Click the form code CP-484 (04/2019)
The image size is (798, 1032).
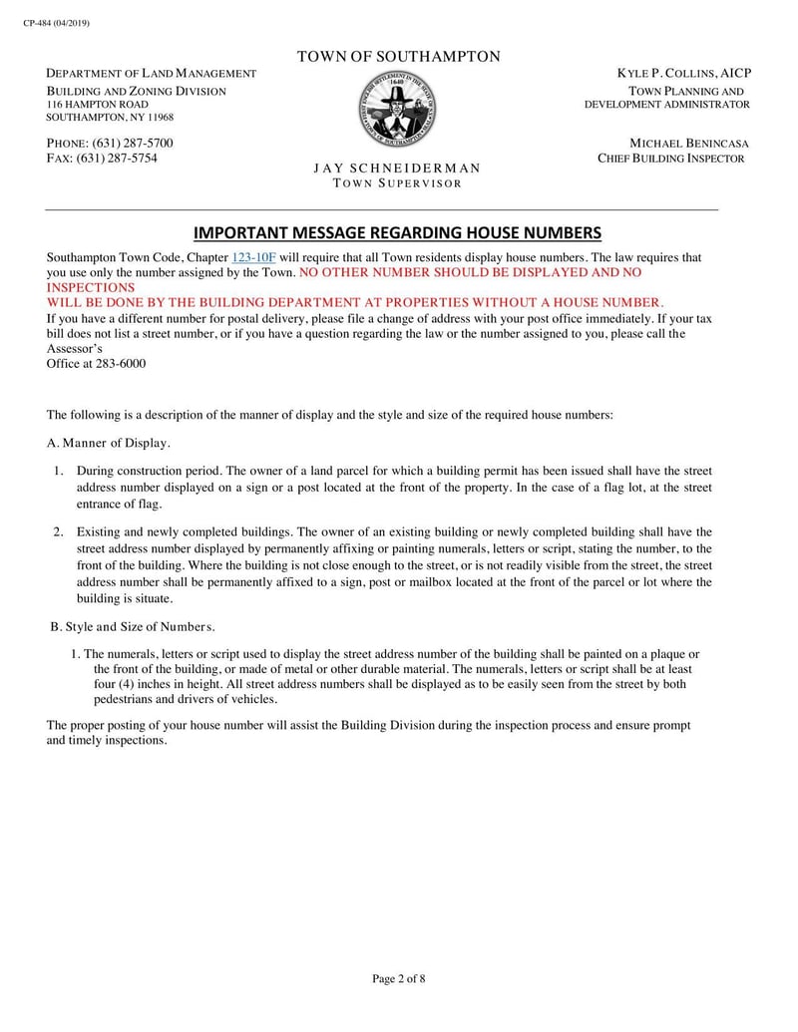pyautogui.click(x=56, y=23)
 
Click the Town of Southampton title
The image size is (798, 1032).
pyautogui.click(x=398, y=57)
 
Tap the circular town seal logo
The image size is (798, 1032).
pyautogui.click(x=397, y=112)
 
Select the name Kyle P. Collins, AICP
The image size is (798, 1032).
pyautogui.click(x=684, y=74)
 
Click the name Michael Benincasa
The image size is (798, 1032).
pyautogui.click(x=689, y=144)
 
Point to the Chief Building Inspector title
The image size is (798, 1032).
pyautogui.click(x=670, y=159)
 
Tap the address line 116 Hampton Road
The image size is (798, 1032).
pyautogui.click(x=99, y=105)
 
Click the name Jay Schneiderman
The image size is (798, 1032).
pyautogui.click(x=397, y=168)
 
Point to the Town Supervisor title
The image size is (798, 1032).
pyautogui.click(x=397, y=183)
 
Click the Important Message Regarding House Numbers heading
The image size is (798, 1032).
pyautogui.click(x=397, y=233)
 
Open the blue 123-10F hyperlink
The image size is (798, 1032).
pyautogui.click(x=253, y=257)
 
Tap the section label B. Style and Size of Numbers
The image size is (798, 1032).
pyautogui.click(x=133, y=626)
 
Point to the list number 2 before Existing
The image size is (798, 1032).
pyautogui.click(x=59, y=532)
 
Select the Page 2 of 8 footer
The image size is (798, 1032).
pyautogui.click(x=398, y=978)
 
